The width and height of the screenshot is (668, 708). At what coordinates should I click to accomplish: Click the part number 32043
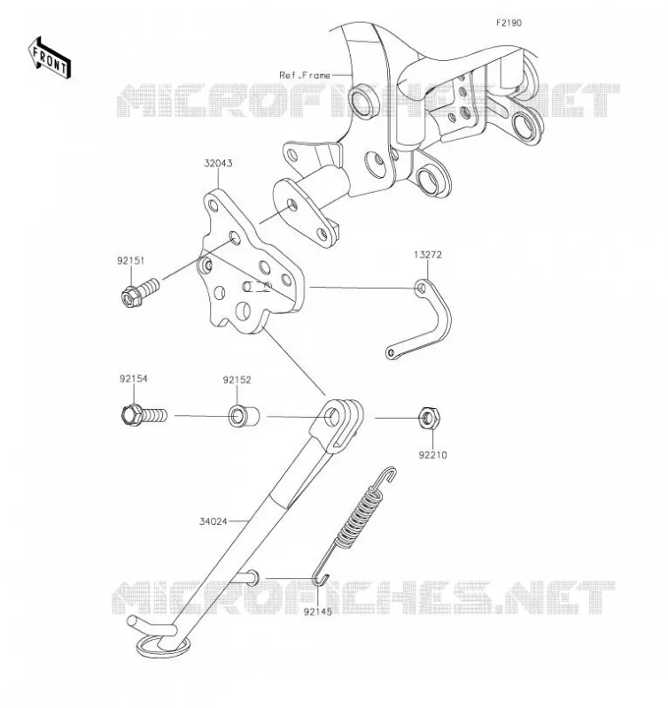point(218,163)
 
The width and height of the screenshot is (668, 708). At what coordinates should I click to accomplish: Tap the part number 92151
point(131,260)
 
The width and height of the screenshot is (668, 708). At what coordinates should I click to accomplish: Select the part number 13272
point(428,255)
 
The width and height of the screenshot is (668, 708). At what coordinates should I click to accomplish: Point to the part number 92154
point(133,379)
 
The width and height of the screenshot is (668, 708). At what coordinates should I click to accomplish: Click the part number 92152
point(237,380)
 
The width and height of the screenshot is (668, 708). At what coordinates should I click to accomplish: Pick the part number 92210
point(432,455)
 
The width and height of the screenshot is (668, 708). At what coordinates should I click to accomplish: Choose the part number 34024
point(214,521)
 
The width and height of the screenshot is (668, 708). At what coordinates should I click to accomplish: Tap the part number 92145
point(317,612)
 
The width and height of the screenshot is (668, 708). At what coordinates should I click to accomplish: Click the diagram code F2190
point(509,23)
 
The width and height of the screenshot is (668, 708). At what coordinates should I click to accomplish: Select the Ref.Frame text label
point(305,75)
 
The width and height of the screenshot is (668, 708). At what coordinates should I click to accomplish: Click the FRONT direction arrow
point(50,58)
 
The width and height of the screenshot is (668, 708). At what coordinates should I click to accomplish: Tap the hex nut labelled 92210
point(428,418)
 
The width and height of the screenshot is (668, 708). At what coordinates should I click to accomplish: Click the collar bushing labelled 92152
point(244,416)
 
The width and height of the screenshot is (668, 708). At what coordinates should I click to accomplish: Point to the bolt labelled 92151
point(141,291)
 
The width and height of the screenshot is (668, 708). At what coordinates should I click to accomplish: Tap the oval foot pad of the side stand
point(163,646)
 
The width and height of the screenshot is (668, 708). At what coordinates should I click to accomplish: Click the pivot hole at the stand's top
point(333,417)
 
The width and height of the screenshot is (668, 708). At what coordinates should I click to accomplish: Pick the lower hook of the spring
point(321,579)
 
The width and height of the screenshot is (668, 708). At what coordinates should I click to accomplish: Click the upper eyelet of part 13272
point(422,288)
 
